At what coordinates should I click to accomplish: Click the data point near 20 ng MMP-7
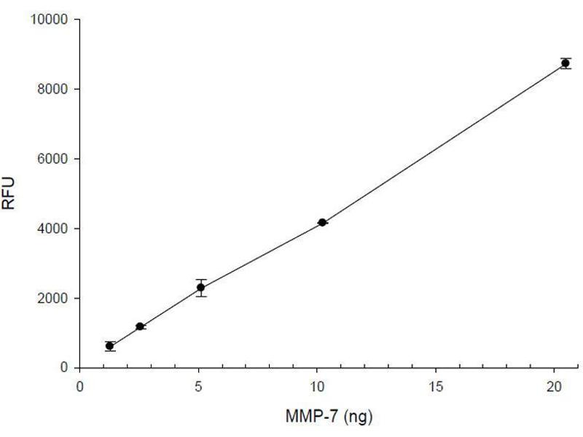point(565,63)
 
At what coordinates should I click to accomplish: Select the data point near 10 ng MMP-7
point(321,222)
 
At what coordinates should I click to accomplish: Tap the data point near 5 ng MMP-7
point(200,287)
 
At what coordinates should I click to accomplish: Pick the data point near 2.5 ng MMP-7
point(140,326)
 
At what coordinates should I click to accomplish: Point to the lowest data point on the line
point(110,346)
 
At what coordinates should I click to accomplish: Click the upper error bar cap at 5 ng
point(200,280)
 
